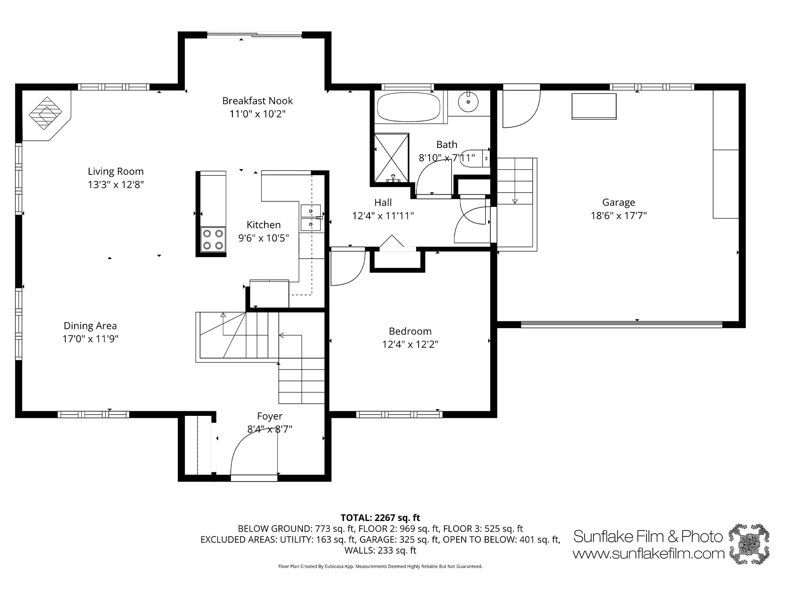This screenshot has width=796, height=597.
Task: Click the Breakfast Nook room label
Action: [257, 101]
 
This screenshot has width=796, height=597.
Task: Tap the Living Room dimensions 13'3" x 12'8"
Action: [116, 185]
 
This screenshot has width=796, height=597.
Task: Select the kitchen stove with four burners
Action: [213, 239]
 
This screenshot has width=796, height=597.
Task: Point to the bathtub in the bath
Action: [409, 107]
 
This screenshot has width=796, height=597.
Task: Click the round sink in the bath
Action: [468, 102]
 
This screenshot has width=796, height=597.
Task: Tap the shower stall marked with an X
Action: [392, 159]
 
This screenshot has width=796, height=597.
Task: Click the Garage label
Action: [619, 202]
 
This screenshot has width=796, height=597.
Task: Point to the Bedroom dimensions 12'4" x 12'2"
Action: [410, 344]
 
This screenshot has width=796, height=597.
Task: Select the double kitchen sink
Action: [311, 217]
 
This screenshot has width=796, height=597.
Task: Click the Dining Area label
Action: [90, 326]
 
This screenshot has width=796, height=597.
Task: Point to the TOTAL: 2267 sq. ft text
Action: [380, 518]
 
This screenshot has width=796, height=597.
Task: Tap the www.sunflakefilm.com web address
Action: [649, 553]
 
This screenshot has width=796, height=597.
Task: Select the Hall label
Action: [383, 203]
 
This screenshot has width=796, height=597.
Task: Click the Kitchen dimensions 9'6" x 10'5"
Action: [264, 238]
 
